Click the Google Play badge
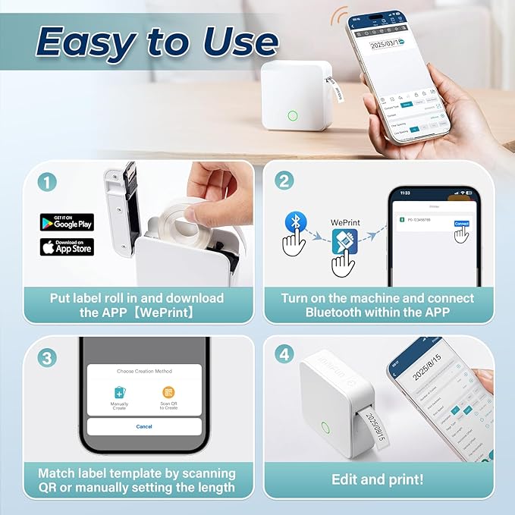(67, 222)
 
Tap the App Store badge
(67, 247)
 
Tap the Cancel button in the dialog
(144, 426)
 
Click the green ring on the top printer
(292, 117)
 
